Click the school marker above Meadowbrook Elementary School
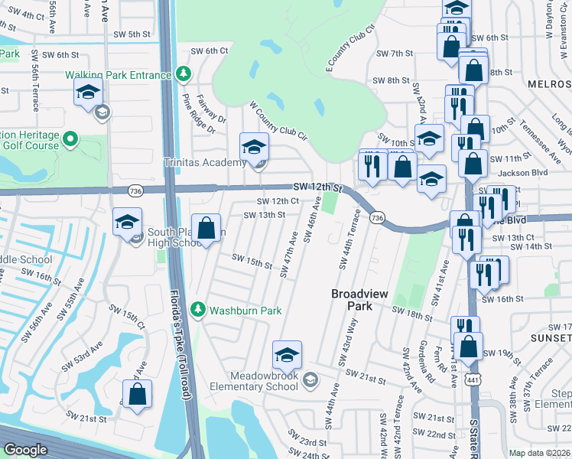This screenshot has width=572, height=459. point(287,355)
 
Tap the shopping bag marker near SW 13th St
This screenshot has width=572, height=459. point(206,228)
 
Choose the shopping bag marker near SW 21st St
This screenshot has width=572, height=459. point(137,395)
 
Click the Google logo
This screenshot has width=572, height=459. point(26,450)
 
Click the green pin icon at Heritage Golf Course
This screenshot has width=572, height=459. point(70,138)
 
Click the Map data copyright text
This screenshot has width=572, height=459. point(540,453)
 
